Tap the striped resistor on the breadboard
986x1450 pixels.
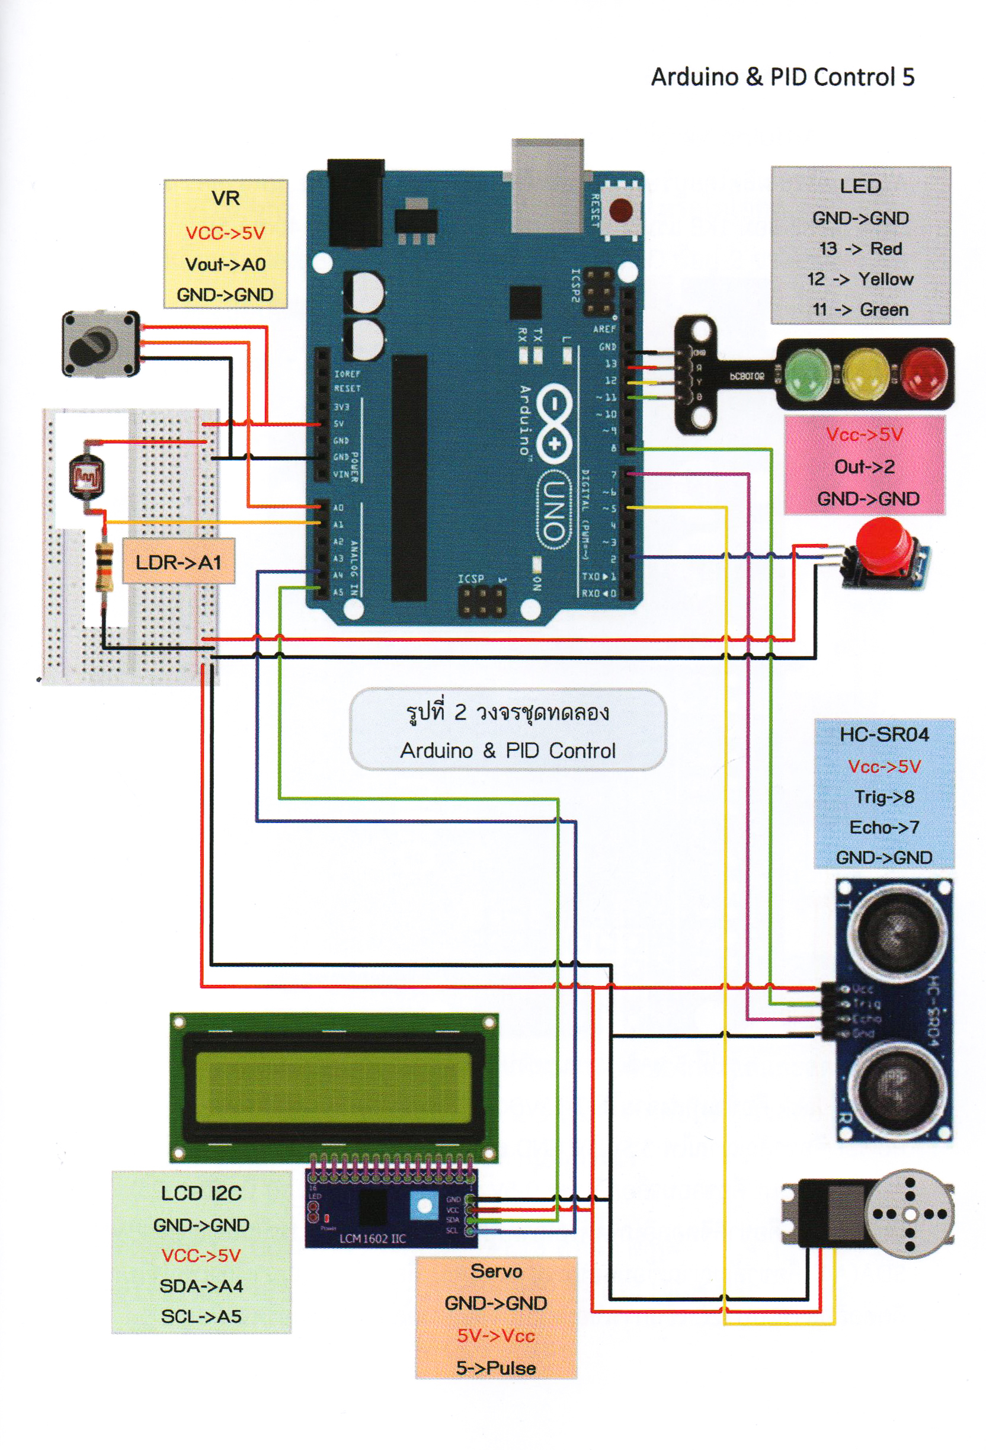coord(104,566)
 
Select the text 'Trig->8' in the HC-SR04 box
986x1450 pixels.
coord(883,797)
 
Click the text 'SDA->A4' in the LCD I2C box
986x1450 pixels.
coord(201,1286)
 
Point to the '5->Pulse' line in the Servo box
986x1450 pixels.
coord(495,1368)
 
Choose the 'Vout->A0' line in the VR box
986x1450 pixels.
coord(225,264)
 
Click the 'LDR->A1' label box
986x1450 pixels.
coord(178,562)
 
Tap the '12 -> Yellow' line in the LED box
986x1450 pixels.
coord(860,279)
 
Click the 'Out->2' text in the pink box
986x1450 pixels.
coord(865,467)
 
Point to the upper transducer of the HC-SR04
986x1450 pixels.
coord(893,932)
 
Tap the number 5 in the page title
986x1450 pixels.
coord(908,78)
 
